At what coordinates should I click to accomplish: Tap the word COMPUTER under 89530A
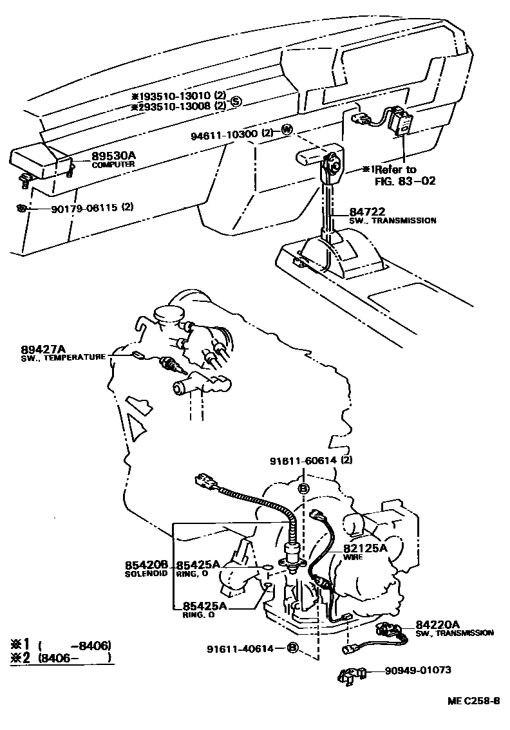coord(113,165)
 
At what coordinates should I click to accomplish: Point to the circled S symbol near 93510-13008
coord(236,101)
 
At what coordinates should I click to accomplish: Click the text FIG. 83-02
coord(405,181)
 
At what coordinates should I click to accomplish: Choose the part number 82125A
coord(364,548)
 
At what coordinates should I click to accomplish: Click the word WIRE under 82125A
coord(352,557)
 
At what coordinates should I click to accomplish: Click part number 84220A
coord(437,624)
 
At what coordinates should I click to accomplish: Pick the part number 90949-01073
coord(419,671)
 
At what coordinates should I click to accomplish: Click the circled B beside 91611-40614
coord(292,648)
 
